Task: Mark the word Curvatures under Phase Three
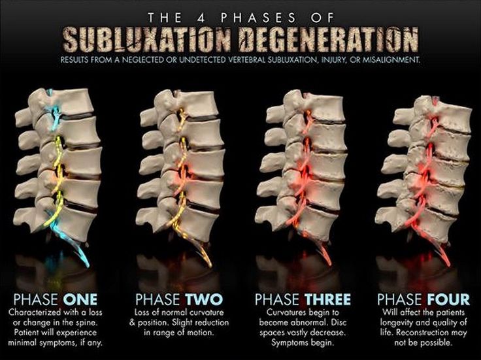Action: tap(276, 313)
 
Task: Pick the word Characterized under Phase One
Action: tap(40, 313)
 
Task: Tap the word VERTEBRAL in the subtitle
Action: tap(256, 59)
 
